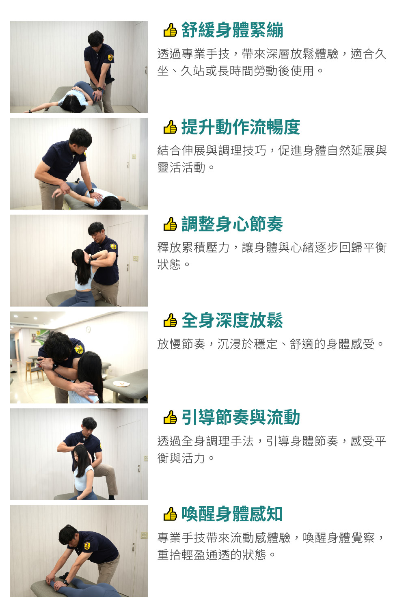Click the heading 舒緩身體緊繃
[232, 30]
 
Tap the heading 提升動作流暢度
[241, 127]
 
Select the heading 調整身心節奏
[232, 224]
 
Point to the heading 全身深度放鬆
[232, 321]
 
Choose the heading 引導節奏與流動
[241, 417]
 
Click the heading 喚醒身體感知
[232, 514]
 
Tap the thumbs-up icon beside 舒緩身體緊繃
[170, 30]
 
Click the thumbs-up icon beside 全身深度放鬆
[170, 320]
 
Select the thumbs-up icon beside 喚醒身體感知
[170, 514]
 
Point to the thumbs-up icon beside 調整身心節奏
[170, 224]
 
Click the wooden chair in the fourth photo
[35, 371]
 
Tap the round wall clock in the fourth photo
[89, 330]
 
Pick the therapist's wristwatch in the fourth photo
[55, 367]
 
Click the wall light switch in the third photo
[136, 258]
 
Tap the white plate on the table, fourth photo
[121, 384]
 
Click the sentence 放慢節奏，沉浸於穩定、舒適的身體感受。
[270, 344]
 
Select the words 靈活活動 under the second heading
[181, 168]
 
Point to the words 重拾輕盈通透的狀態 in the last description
[212, 555]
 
